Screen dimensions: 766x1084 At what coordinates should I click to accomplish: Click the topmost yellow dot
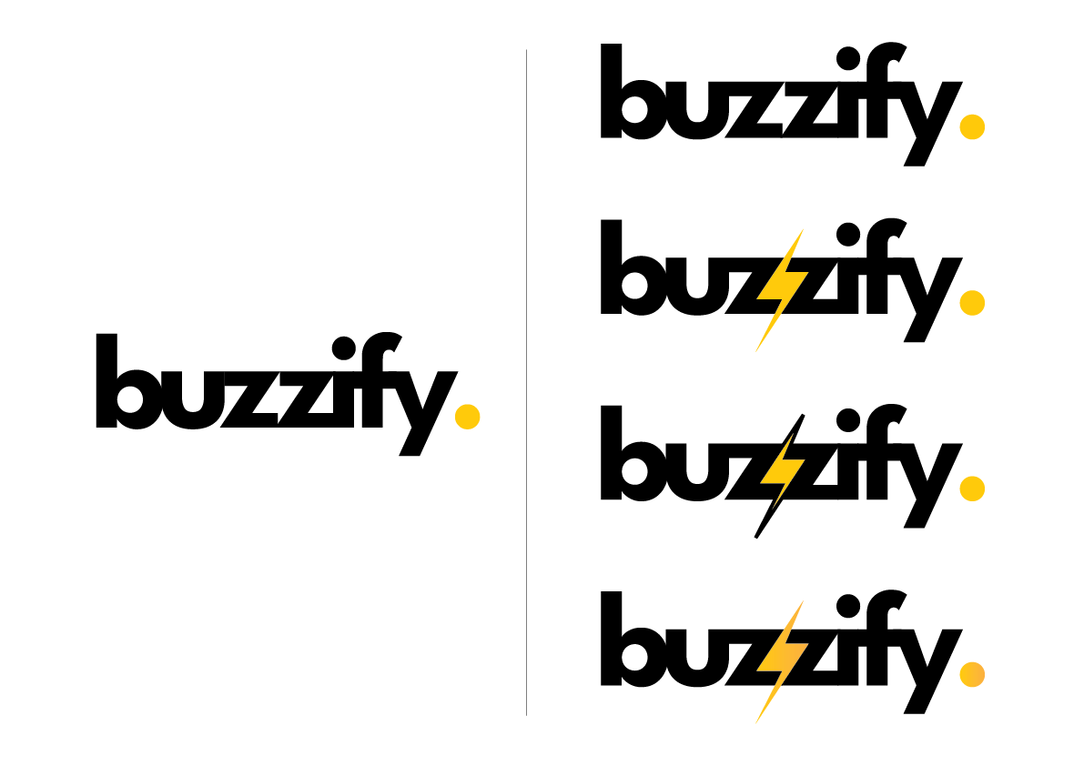(x=972, y=127)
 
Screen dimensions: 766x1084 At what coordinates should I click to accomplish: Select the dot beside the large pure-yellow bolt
(x=972, y=303)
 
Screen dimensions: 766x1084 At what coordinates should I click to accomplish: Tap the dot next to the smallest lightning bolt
(x=972, y=489)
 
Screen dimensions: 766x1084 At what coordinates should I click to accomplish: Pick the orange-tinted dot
(x=972, y=674)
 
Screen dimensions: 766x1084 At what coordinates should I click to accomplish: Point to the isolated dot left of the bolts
(x=468, y=417)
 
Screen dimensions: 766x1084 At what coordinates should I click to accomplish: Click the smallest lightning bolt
(x=782, y=471)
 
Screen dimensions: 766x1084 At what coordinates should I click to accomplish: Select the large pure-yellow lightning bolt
(x=782, y=289)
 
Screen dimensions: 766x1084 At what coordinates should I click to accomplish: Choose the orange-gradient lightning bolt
(x=782, y=661)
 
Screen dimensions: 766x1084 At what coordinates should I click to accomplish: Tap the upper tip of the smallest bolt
(x=794, y=433)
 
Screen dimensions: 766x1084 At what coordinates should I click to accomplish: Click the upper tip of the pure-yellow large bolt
(x=804, y=228)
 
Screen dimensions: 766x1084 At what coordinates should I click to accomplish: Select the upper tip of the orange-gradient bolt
(x=804, y=600)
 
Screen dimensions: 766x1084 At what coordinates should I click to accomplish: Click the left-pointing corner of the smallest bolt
(x=760, y=482)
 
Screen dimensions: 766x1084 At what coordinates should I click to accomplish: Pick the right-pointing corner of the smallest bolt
(x=805, y=461)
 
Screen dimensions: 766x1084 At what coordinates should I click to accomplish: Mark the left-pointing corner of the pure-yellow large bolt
(x=756, y=297)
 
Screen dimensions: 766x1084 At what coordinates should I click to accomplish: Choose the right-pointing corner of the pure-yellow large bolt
(x=808, y=271)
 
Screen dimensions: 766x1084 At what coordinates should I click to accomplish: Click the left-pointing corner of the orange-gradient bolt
(x=756, y=670)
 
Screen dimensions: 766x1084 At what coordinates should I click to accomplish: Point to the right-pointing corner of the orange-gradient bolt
(x=808, y=644)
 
